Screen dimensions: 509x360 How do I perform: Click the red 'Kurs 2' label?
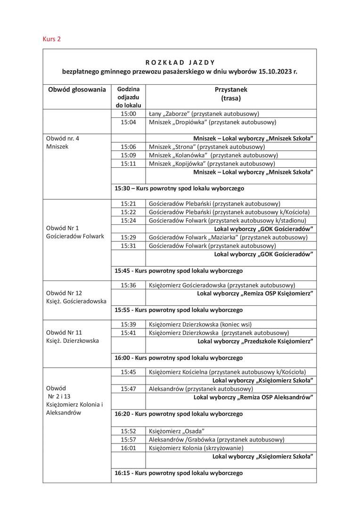[x=51, y=39]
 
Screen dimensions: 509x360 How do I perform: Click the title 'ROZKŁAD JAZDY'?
[x=180, y=62]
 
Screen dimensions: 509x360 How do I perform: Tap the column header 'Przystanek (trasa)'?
[x=231, y=94]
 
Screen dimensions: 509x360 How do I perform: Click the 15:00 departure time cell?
[x=128, y=114]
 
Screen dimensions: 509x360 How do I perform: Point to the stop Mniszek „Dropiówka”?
[x=212, y=122]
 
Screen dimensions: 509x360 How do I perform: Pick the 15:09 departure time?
[x=128, y=155]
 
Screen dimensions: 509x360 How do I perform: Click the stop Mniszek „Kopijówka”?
[x=212, y=164]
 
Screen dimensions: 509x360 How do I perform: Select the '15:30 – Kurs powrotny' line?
[x=179, y=188]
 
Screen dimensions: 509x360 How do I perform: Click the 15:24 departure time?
[x=128, y=220]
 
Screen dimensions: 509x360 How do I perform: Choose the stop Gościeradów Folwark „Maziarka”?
[x=228, y=237]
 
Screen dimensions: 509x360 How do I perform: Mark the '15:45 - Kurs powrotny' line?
[x=179, y=271]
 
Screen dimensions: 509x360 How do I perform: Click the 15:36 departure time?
[x=128, y=285]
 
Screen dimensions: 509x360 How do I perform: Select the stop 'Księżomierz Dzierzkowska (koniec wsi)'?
[x=200, y=324]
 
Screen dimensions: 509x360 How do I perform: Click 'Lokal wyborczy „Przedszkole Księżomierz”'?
[x=256, y=341]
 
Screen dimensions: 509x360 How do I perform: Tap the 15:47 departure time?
[x=128, y=389]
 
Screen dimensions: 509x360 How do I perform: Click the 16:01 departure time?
[x=128, y=448]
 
